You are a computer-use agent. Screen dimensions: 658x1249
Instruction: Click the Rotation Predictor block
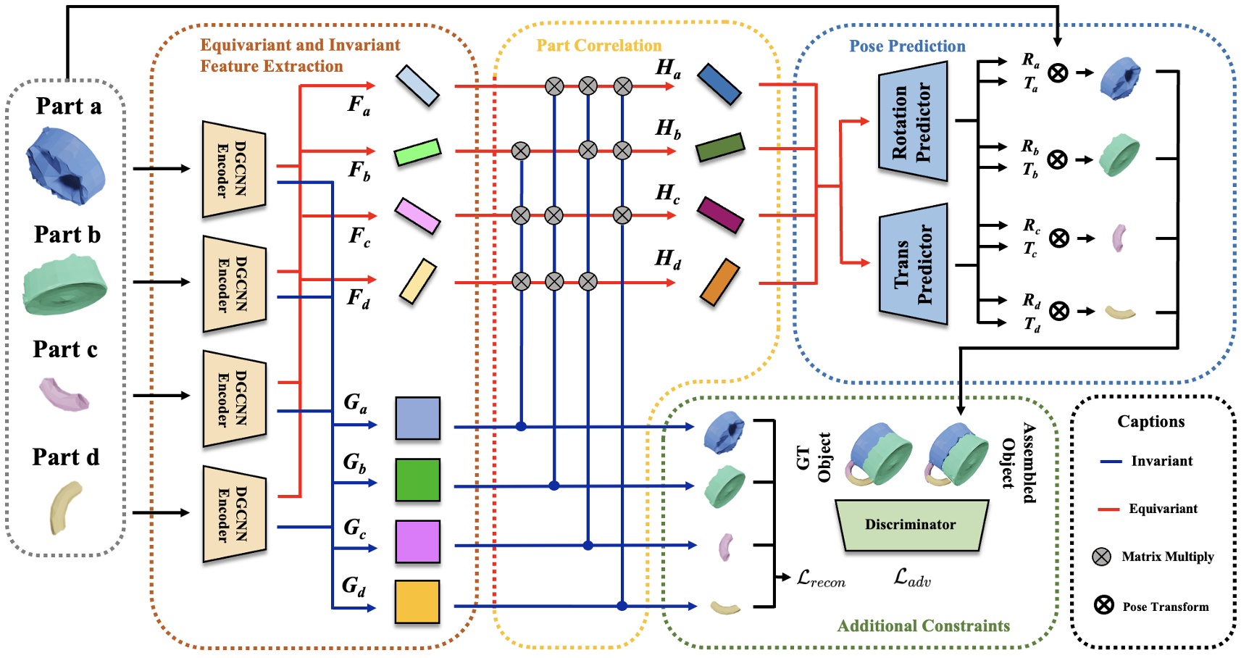(x=913, y=122)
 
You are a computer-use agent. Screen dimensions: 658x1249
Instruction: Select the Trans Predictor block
(x=913, y=265)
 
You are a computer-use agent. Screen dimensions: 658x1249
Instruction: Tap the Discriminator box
(x=911, y=525)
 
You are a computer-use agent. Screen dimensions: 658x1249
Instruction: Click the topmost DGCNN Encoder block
(x=234, y=170)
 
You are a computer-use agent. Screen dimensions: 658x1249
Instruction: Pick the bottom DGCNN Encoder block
(x=234, y=514)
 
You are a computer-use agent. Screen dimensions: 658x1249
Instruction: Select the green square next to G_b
(x=417, y=480)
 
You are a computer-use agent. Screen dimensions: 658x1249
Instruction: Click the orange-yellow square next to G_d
(x=417, y=601)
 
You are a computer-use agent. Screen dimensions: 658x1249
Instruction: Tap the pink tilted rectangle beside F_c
(x=417, y=216)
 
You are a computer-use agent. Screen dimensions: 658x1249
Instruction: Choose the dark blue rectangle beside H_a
(x=719, y=84)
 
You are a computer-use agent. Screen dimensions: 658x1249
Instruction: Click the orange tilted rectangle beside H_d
(x=719, y=282)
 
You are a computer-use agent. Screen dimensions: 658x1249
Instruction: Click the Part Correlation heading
(x=598, y=46)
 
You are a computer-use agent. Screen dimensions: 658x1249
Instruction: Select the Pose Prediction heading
(x=907, y=46)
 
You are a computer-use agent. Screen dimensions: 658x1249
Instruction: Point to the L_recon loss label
(x=821, y=578)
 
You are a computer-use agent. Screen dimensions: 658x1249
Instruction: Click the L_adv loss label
(x=912, y=578)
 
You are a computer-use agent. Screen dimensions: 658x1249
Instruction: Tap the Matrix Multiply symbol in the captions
(x=1101, y=557)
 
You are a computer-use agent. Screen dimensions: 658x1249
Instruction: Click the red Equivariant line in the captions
(x=1109, y=509)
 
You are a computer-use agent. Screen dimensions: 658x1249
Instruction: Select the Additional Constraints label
(x=923, y=626)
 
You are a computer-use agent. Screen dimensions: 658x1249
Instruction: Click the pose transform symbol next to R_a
(x=1058, y=72)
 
